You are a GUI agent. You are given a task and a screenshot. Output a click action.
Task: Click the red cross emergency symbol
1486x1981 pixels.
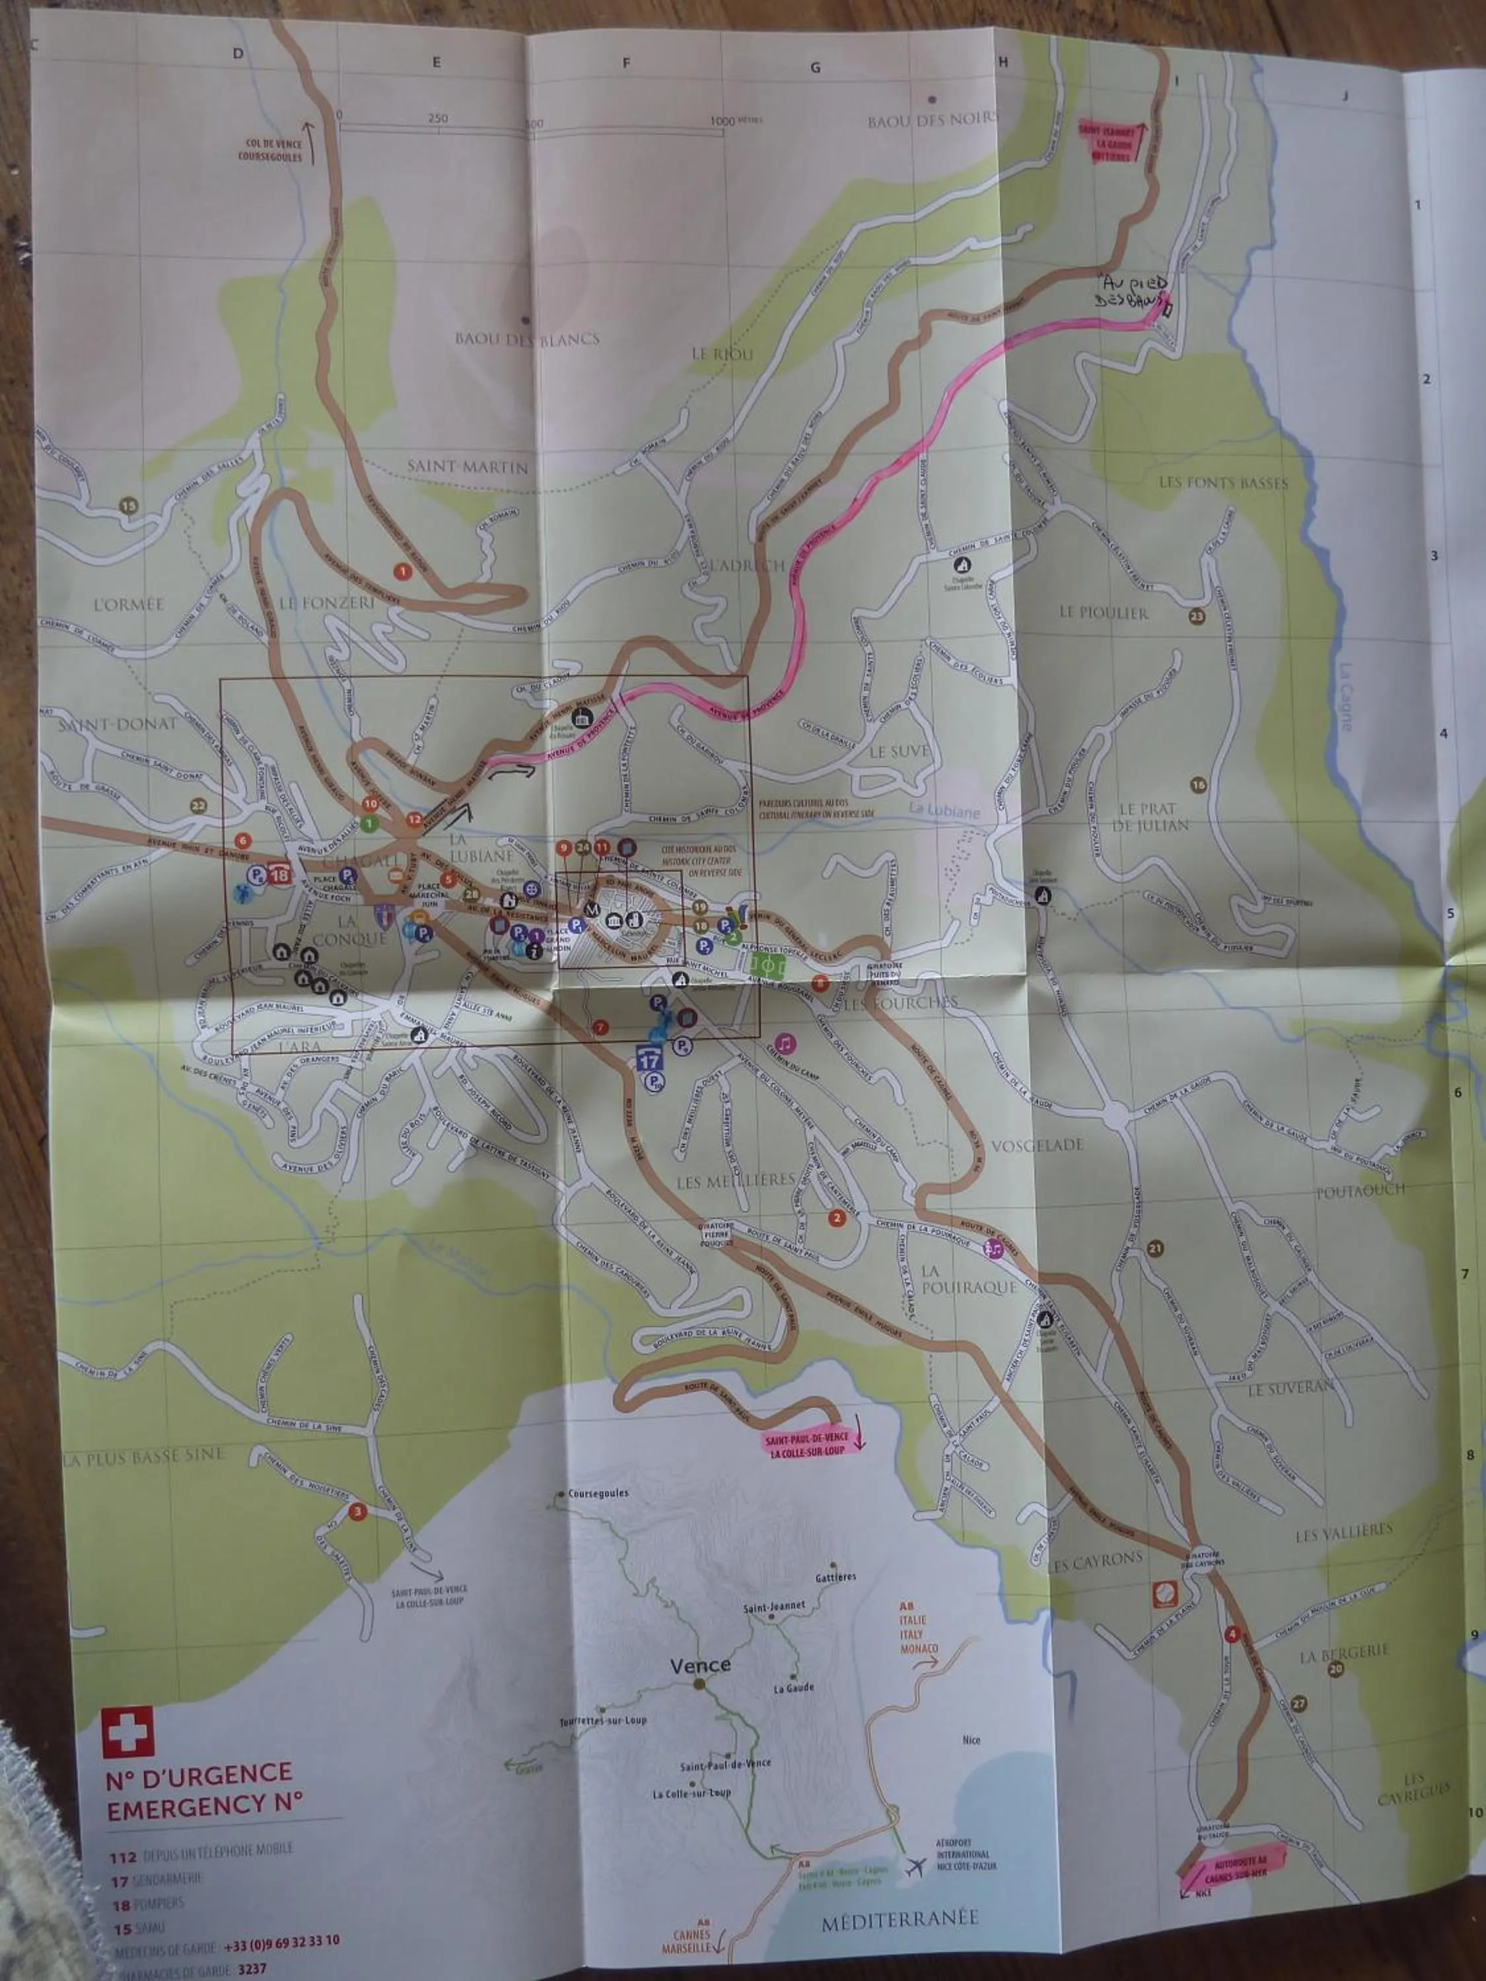click(127, 1731)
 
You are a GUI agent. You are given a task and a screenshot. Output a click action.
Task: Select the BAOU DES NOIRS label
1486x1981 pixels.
click(933, 120)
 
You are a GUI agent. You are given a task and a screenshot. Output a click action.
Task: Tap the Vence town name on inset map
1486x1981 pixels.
click(701, 1665)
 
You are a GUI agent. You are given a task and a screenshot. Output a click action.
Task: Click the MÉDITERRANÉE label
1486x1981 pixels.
click(900, 1918)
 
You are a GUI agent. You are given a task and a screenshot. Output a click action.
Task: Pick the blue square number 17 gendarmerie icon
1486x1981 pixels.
click(649, 1059)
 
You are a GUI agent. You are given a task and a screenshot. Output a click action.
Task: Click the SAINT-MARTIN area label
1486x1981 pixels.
click(468, 467)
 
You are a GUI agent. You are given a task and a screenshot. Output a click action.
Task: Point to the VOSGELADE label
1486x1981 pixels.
click(1038, 1144)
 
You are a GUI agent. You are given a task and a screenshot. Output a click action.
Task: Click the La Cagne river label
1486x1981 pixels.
click(1345, 696)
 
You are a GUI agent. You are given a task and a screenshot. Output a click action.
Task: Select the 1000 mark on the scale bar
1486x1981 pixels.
click(722, 121)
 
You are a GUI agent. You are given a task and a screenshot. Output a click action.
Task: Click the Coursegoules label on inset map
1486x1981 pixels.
click(598, 1493)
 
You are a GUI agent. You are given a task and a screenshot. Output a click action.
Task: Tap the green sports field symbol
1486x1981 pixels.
click(767, 965)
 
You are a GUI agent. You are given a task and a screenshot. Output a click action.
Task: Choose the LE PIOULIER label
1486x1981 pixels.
click(1103, 613)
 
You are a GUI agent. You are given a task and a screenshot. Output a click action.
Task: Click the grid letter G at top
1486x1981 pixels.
click(815, 67)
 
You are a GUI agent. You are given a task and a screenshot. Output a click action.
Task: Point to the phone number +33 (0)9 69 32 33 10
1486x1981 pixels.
click(281, 1941)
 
